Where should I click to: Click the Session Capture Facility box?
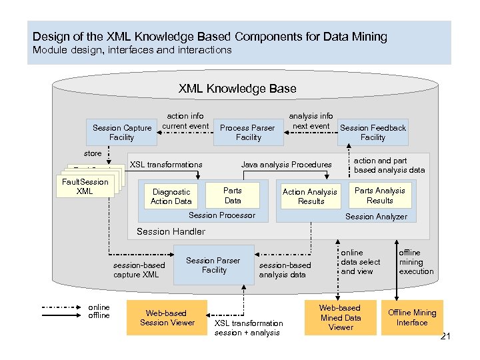(121, 133)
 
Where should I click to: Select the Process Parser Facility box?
(247, 133)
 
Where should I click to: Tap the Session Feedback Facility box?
(373, 133)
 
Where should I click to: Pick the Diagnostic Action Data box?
(171, 196)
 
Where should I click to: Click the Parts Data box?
(233, 195)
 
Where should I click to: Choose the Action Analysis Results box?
(310, 196)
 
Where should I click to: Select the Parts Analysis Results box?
(379, 195)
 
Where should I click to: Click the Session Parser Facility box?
(213, 265)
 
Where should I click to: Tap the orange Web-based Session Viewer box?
(167, 318)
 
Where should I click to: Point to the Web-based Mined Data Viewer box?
(340, 317)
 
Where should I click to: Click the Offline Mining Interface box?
(412, 317)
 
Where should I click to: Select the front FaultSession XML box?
(85, 187)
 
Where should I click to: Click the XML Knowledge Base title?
(237, 89)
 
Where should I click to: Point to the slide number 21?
(446, 336)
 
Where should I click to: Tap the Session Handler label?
(171, 231)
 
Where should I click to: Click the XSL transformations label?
(166, 165)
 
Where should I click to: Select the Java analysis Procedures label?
(285, 165)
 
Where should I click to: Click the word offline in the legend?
(99, 315)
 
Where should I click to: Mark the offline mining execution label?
(415, 262)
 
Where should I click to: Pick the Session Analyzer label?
(375, 217)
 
